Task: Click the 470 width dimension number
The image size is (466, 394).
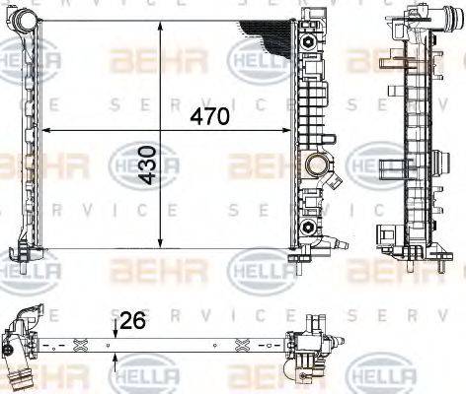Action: (x=210, y=116)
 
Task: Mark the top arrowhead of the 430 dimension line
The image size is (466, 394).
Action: (x=160, y=22)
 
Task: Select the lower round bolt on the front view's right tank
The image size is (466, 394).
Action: (x=309, y=229)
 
